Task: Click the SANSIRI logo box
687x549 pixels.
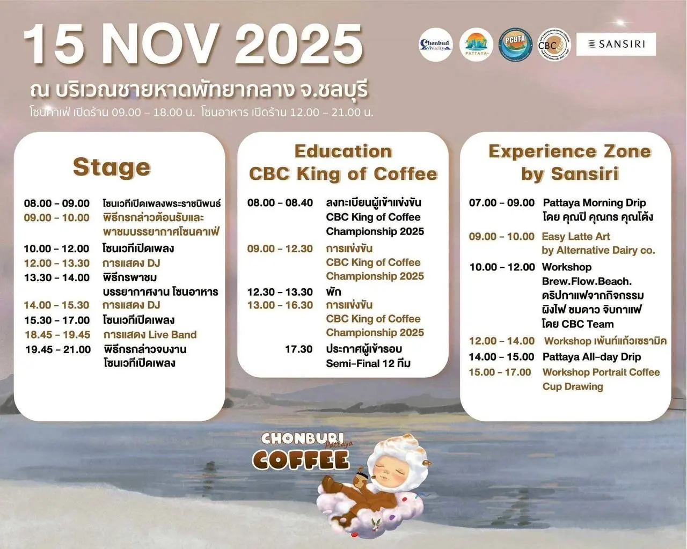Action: (x=616, y=44)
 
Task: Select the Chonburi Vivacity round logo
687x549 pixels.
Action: (x=435, y=45)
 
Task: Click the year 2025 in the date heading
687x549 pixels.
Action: (x=298, y=45)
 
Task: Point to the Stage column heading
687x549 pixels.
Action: (x=112, y=167)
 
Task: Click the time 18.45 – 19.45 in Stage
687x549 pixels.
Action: (x=57, y=334)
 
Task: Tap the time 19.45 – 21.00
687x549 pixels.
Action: (x=58, y=349)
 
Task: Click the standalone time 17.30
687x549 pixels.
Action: (x=298, y=349)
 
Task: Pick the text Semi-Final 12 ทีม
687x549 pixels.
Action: (x=368, y=363)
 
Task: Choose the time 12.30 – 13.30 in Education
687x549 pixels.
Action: (x=280, y=292)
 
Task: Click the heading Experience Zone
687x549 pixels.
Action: (x=569, y=151)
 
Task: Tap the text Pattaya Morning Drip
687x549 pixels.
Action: (x=594, y=203)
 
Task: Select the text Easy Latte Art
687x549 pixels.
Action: (x=576, y=236)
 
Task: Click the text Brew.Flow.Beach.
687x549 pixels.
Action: (x=587, y=281)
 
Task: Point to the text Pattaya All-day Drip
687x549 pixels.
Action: (x=591, y=357)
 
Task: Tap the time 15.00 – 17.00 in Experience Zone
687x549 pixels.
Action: (x=500, y=372)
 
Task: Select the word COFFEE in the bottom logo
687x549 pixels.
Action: (x=301, y=460)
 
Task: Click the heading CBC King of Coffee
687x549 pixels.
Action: (x=343, y=174)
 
